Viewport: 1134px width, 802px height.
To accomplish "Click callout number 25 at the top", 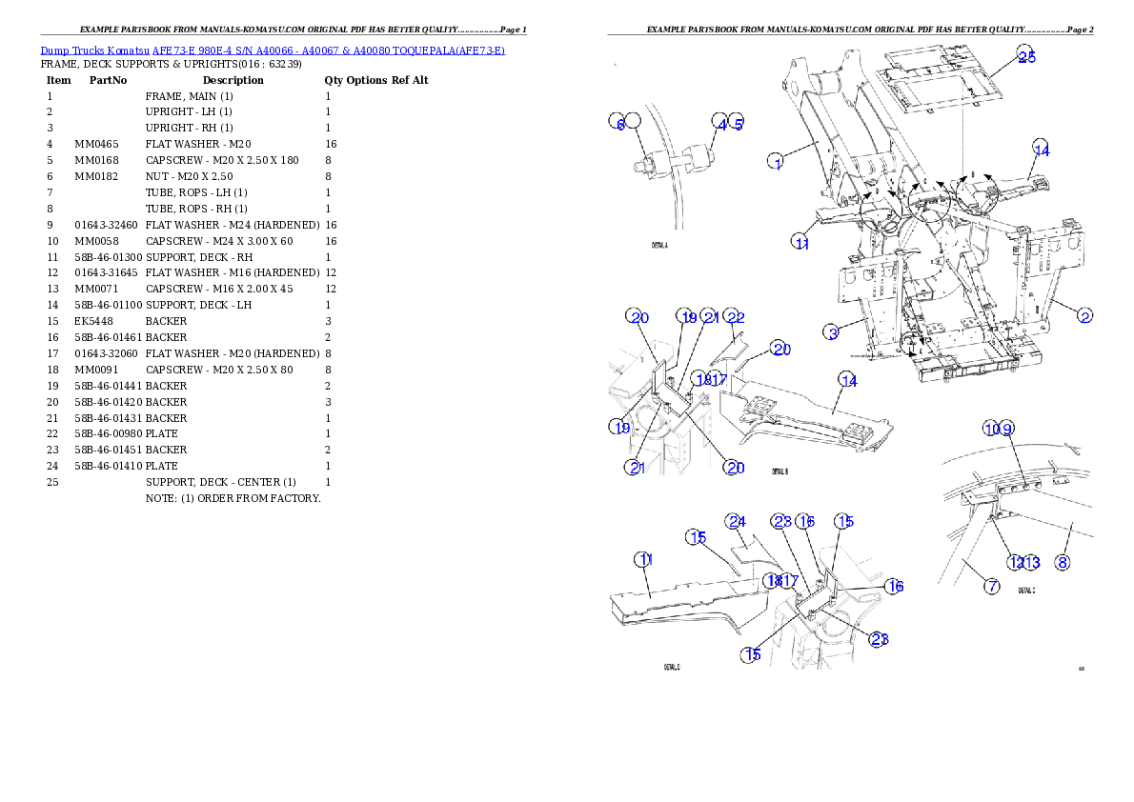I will pos(1024,56).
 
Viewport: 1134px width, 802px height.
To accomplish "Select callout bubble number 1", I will pos(778,162).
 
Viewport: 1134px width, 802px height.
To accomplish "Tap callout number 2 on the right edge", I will pos(1084,315).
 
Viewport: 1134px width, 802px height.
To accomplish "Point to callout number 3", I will pos(832,332).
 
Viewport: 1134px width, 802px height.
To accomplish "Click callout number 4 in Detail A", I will pos(721,124).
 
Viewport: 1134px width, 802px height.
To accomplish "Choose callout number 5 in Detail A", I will pos(738,124).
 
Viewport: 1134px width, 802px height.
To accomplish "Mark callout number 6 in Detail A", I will pos(618,124).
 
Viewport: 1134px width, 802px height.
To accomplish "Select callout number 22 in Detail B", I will pos(734,317).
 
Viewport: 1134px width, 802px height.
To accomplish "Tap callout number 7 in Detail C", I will pos(992,587).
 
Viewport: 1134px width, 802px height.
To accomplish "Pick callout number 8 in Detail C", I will pos(1062,562).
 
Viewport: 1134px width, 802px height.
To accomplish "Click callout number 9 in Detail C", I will pos(1007,429).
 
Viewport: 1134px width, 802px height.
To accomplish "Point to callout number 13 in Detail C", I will pos(1031,562).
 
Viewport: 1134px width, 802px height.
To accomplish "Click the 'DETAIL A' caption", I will pos(659,245).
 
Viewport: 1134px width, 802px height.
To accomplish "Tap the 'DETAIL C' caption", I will pos(1026,591).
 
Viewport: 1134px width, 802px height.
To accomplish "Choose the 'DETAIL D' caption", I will pos(672,667).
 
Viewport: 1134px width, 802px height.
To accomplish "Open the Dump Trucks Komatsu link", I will pos(272,50).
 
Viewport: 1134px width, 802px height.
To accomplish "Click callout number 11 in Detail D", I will pos(645,560).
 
